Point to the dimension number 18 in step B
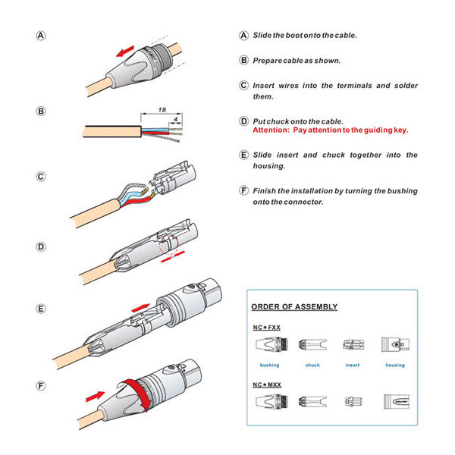pos(162,111)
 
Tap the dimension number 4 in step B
pos(175,118)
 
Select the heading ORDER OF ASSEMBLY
pos(294,307)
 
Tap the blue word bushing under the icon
pos(268,365)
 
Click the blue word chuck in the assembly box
pos(312,365)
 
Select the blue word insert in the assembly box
pos(352,365)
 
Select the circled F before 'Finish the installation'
pos(243,191)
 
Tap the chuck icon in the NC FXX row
pos(312,347)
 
